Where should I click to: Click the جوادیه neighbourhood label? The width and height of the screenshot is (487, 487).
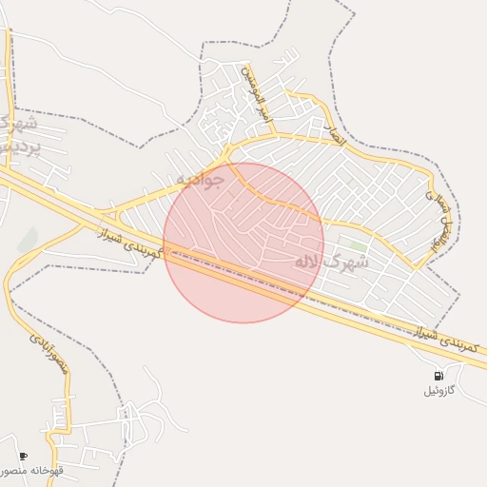pos(200,179)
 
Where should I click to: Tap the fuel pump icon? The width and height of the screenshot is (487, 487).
pos(438,376)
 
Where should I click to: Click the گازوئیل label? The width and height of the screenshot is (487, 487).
pos(438,391)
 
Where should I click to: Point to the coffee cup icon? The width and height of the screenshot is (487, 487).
pos(23,457)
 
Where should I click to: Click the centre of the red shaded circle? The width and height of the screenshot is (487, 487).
pos(243,243)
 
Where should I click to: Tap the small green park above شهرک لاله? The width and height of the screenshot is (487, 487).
pos(358,245)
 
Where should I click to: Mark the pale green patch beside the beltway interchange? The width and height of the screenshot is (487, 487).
pos(29,240)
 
